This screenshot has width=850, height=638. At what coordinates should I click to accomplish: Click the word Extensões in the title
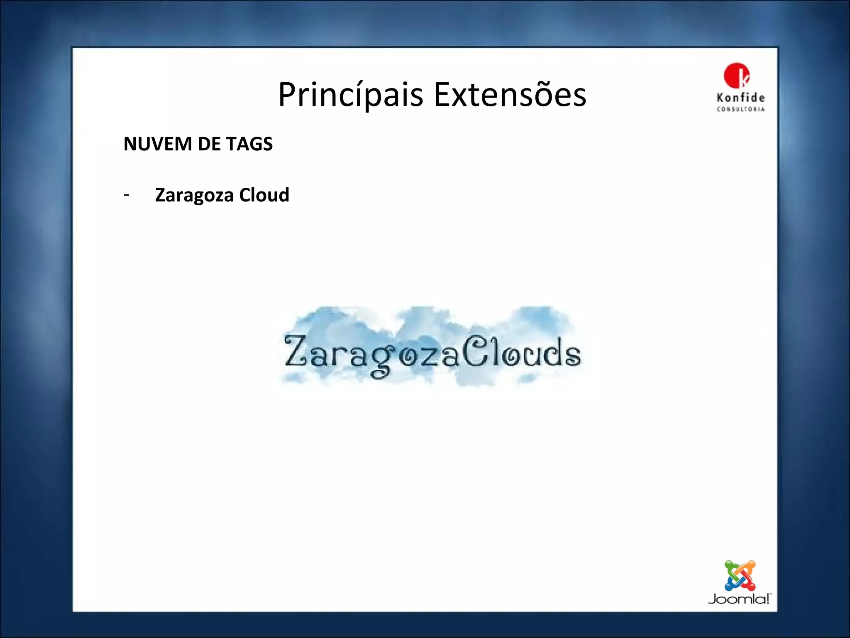(510, 95)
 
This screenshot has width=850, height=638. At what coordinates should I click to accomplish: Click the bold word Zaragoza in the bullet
(194, 195)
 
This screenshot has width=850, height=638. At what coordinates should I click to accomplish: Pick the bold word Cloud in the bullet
(264, 195)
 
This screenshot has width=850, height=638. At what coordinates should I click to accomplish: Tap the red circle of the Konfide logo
(736, 75)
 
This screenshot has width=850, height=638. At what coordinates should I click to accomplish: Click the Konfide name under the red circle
(740, 98)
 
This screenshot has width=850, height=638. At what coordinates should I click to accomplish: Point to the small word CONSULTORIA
(740, 109)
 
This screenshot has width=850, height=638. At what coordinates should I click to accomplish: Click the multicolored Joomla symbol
(740, 576)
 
